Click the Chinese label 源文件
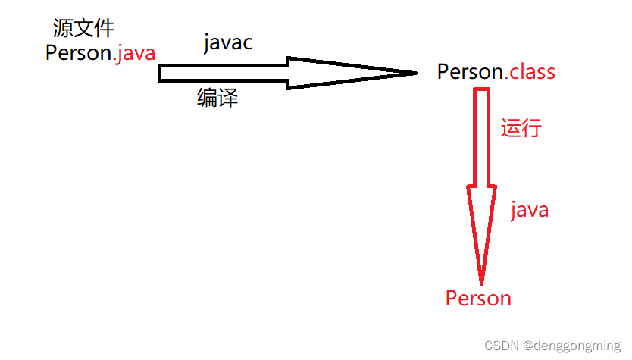[83, 29]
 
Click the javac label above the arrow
[228, 43]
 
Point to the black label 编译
[217, 98]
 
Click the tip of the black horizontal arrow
[416, 73]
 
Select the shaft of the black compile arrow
[224, 73]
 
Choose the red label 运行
[521, 127]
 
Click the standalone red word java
[529, 209]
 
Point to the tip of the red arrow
[481, 284]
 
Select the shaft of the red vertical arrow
[481, 136]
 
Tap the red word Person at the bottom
[478, 299]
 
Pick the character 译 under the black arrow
[228, 98]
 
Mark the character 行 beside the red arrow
[531, 127]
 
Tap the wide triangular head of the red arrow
[481, 220]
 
